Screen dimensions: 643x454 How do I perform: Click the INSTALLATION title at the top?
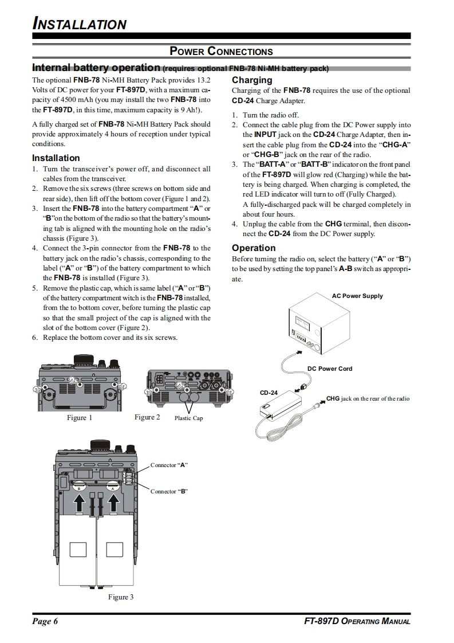tap(79, 24)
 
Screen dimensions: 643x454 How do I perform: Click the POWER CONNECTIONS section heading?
tap(221, 52)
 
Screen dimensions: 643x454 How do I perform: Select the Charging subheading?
tap(252, 80)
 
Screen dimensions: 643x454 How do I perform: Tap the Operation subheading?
tap(254, 248)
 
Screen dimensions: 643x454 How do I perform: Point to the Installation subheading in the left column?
tap(56, 158)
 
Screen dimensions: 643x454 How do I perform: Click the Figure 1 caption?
tap(80, 418)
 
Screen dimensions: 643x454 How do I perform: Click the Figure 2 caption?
tap(147, 417)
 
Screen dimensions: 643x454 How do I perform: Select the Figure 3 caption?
tap(121, 597)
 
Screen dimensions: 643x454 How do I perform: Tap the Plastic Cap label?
tap(188, 418)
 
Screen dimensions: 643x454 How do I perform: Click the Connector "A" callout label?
tap(169, 465)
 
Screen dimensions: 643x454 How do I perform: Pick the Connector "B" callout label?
tap(169, 491)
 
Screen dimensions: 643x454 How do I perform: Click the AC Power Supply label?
tap(357, 296)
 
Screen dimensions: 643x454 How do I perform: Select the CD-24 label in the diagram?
tap(269, 393)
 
